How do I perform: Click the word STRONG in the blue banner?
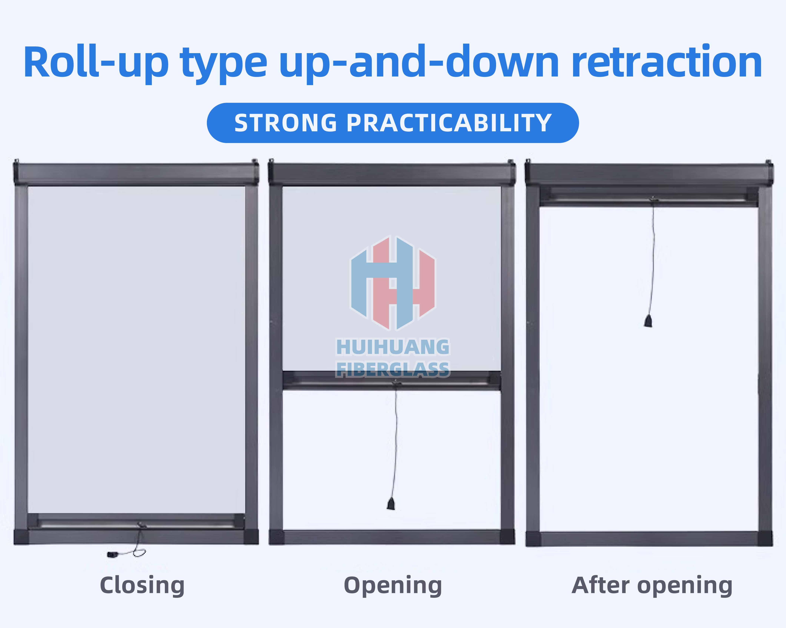click(285, 123)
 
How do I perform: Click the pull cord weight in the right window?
click(648, 321)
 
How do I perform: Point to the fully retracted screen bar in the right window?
click(649, 197)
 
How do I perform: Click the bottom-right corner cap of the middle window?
click(507, 537)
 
